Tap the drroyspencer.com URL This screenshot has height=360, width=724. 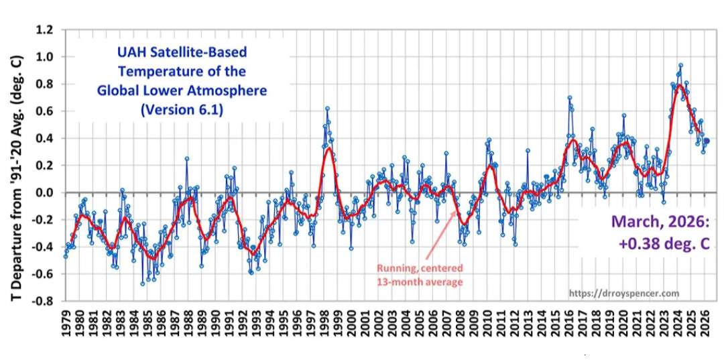[623, 294]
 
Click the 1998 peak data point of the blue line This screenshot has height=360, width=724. [327, 108]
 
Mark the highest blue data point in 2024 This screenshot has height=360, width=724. [681, 66]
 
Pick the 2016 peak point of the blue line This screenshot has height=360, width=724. [570, 98]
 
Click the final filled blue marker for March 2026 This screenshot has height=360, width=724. [707, 141]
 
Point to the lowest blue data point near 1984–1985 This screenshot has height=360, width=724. [143, 284]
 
